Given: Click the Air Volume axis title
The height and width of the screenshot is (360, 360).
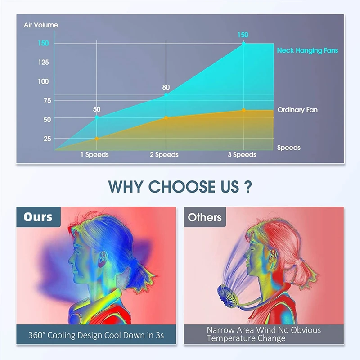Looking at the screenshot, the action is coord(41,25).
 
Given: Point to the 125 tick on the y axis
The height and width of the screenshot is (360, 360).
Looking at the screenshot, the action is coord(43,62).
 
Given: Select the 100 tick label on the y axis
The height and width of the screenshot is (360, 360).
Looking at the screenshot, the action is coord(43,81).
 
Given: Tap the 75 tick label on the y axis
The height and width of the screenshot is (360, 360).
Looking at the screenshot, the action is coord(47,100).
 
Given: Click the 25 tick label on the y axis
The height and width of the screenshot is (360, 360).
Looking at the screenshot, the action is coord(47,139).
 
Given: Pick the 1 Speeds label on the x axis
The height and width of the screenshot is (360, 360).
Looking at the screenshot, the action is coord(94,154).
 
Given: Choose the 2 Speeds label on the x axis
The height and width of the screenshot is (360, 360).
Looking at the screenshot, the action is coord(164,154).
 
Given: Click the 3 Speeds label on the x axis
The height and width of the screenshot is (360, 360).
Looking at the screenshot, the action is coord(242,154).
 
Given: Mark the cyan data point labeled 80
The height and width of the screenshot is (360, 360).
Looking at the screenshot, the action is coord(166,95).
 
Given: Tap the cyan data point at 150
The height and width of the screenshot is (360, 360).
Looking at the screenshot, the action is coord(243,43).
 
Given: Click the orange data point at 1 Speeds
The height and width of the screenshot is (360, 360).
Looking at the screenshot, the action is coord(97,139).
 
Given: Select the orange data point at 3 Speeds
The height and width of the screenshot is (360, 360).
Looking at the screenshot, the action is coord(243,110).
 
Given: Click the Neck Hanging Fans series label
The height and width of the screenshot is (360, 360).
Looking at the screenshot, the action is coord(307,50).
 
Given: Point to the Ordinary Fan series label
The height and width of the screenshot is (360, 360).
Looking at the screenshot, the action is coord(297,110).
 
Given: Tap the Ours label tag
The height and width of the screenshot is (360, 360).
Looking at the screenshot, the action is coord(38,217).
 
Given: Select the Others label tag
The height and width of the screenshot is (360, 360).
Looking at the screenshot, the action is coord(205,217).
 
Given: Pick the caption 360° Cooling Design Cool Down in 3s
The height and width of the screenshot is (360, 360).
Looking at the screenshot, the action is coord(96,335).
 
